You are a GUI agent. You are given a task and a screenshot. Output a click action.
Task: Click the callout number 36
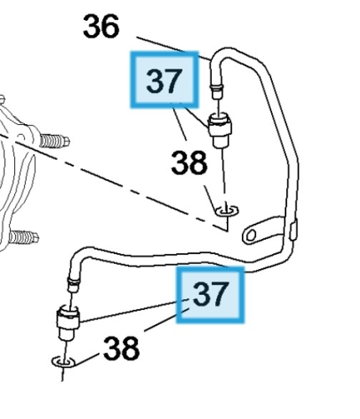click(101, 27)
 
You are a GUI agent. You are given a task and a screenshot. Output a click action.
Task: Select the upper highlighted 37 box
click(165, 80)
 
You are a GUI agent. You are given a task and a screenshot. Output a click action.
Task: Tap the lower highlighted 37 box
click(210, 295)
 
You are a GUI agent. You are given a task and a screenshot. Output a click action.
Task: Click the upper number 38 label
click(189, 163)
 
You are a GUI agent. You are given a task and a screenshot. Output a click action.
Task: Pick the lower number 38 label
click(121, 348)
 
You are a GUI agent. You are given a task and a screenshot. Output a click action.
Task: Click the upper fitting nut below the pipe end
click(220, 130)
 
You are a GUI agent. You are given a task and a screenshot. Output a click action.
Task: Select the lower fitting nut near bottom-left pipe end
click(68, 322)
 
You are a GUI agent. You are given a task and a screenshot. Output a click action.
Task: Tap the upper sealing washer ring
click(227, 210)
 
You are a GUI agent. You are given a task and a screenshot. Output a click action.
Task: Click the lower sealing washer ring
click(64, 362)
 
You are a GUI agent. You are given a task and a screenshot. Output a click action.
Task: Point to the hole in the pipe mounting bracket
click(251, 235)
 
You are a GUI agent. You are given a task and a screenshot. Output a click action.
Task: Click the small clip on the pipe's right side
click(293, 230)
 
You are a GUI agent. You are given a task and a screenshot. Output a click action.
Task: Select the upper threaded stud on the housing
click(54, 141)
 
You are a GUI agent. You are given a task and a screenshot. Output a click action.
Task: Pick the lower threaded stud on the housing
click(24, 237)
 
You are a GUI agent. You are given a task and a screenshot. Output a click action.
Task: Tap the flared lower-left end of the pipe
click(74, 284)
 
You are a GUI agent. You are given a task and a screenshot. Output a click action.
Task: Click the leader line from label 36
click(173, 48)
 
